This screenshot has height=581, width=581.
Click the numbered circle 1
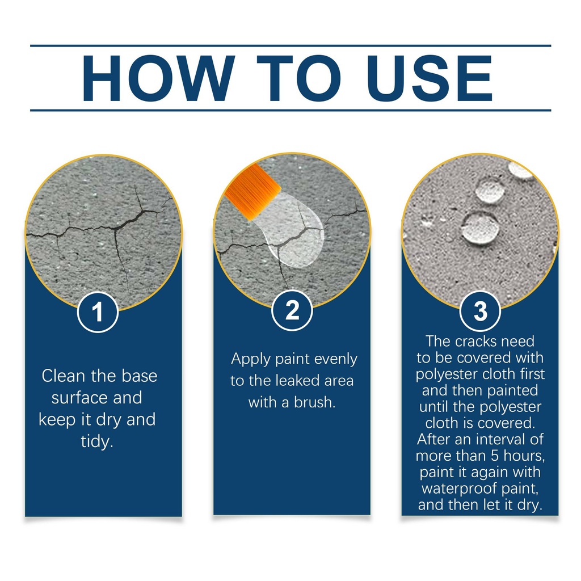coord(98,312)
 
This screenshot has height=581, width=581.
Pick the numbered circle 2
coord(292,310)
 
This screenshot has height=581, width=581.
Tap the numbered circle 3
coord(480,311)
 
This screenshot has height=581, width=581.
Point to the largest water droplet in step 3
coord(480,228)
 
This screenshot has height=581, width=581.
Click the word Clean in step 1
coord(64,376)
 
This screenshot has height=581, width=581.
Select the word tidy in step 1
coord(97,441)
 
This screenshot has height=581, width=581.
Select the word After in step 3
coord(433,439)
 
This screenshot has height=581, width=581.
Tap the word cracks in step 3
coord(476,341)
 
